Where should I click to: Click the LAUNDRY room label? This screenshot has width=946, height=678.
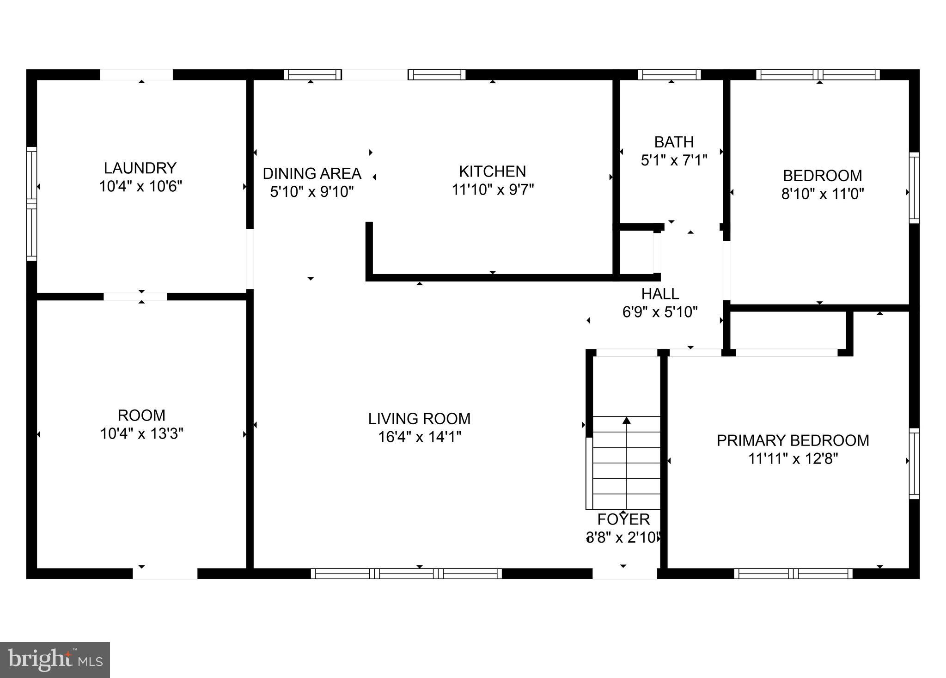click(x=140, y=168)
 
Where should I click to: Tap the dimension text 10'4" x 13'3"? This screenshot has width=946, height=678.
click(x=142, y=434)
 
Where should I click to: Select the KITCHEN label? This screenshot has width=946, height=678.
click(x=492, y=171)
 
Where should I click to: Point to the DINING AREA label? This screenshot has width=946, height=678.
click(x=312, y=174)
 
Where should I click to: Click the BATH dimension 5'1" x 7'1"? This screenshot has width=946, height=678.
click(x=674, y=160)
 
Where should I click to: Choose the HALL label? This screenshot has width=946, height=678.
click(x=660, y=293)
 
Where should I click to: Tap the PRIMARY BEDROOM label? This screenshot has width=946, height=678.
click(x=793, y=440)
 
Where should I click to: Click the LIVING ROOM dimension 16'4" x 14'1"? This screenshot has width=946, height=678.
click(x=420, y=437)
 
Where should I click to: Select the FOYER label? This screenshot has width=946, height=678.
click(x=623, y=519)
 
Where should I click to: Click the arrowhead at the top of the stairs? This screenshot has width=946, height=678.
click(x=627, y=420)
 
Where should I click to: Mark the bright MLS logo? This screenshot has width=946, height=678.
click(x=55, y=660)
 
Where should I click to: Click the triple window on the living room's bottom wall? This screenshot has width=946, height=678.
click(x=406, y=574)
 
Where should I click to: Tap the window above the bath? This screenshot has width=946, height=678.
click(x=669, y=74)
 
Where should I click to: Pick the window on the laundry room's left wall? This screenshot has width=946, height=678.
click(x=31, y=203)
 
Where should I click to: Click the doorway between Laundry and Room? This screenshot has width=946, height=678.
click(x=135, y=297)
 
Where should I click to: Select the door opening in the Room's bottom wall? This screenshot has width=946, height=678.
click(x=165, y=574)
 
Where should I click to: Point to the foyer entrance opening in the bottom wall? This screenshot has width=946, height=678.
click(x=624, y=574)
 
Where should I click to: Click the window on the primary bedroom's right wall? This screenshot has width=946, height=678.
click(x=914, y=464)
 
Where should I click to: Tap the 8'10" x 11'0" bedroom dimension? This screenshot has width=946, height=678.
click(x=822, y=194)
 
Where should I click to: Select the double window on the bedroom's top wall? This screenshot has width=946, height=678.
click(x=818, y=74)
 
